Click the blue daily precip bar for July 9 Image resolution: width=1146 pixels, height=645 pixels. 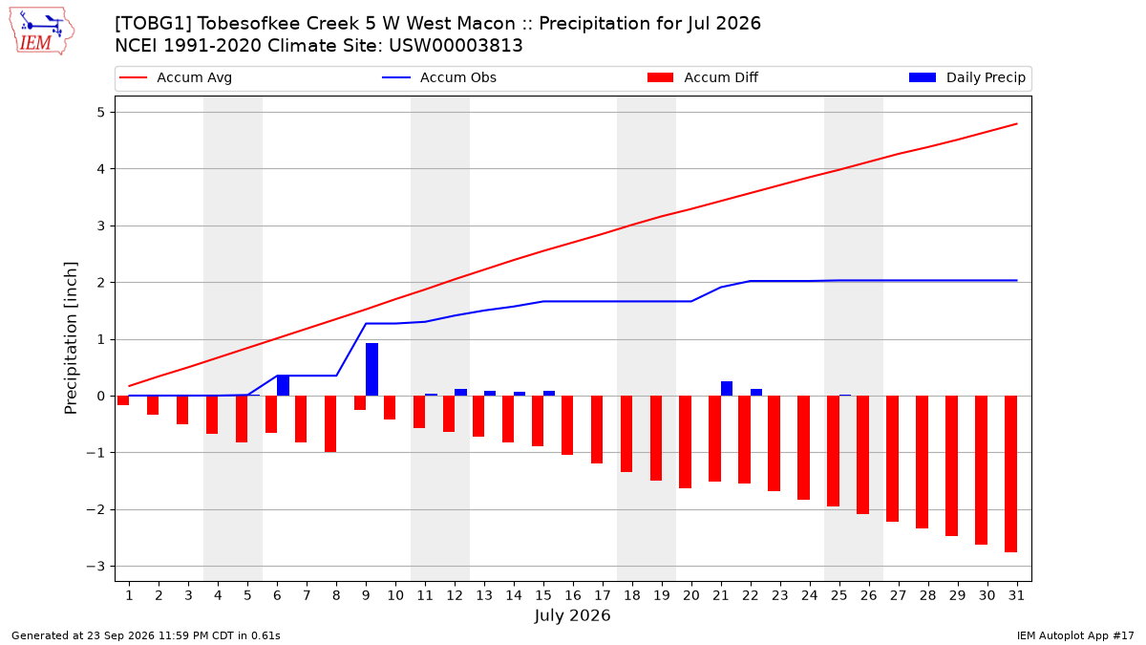pyautogui.click(x=371, y=369)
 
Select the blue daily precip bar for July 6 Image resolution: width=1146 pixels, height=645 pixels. pyautogui.click(x=283, y=385)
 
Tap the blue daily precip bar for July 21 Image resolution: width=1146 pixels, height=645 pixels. pyautogui.click(x=727, y=389)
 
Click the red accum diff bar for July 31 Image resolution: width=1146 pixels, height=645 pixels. pyautogui.click(x=1010, y=474)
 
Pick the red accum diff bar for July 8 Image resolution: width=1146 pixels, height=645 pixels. pyautogui.click(x=330, y=424)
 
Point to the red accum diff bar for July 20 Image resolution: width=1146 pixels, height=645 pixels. pyautogui.click(x=685, y=441)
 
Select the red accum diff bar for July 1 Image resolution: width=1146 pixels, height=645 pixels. pyautogui.click(x=123, y=400)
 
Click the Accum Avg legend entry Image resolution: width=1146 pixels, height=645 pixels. pyautogui.click(x=176, y=77)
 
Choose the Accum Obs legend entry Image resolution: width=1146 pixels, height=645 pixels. pyautogui.click(x=439, y=77)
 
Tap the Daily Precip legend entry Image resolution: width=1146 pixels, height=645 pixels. pyautogui.click(x=966, y=77)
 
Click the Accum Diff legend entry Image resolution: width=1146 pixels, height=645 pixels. pyautogui.click(x=703, y=77)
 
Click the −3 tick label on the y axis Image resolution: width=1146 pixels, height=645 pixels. pyautogui.click(x=95, y=566)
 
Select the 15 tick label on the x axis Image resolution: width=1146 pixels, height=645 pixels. pyautogui.click(x=543, y=595)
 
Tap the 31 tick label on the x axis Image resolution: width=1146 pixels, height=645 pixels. pyautogui.click(x=1016, y=595)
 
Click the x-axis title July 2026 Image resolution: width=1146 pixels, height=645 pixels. pyautogui.click(x=572, y=615)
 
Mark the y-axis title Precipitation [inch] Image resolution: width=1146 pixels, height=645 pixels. pyautogui.click(x=71, y=338)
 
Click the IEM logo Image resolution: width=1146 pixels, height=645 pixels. pyautogui.click(x=41, y=32)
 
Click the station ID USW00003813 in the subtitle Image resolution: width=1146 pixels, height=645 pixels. pyautogui.click(x=456, y=46)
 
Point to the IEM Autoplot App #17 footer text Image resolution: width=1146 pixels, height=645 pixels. pyautogui.click(x=1075, y=635)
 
